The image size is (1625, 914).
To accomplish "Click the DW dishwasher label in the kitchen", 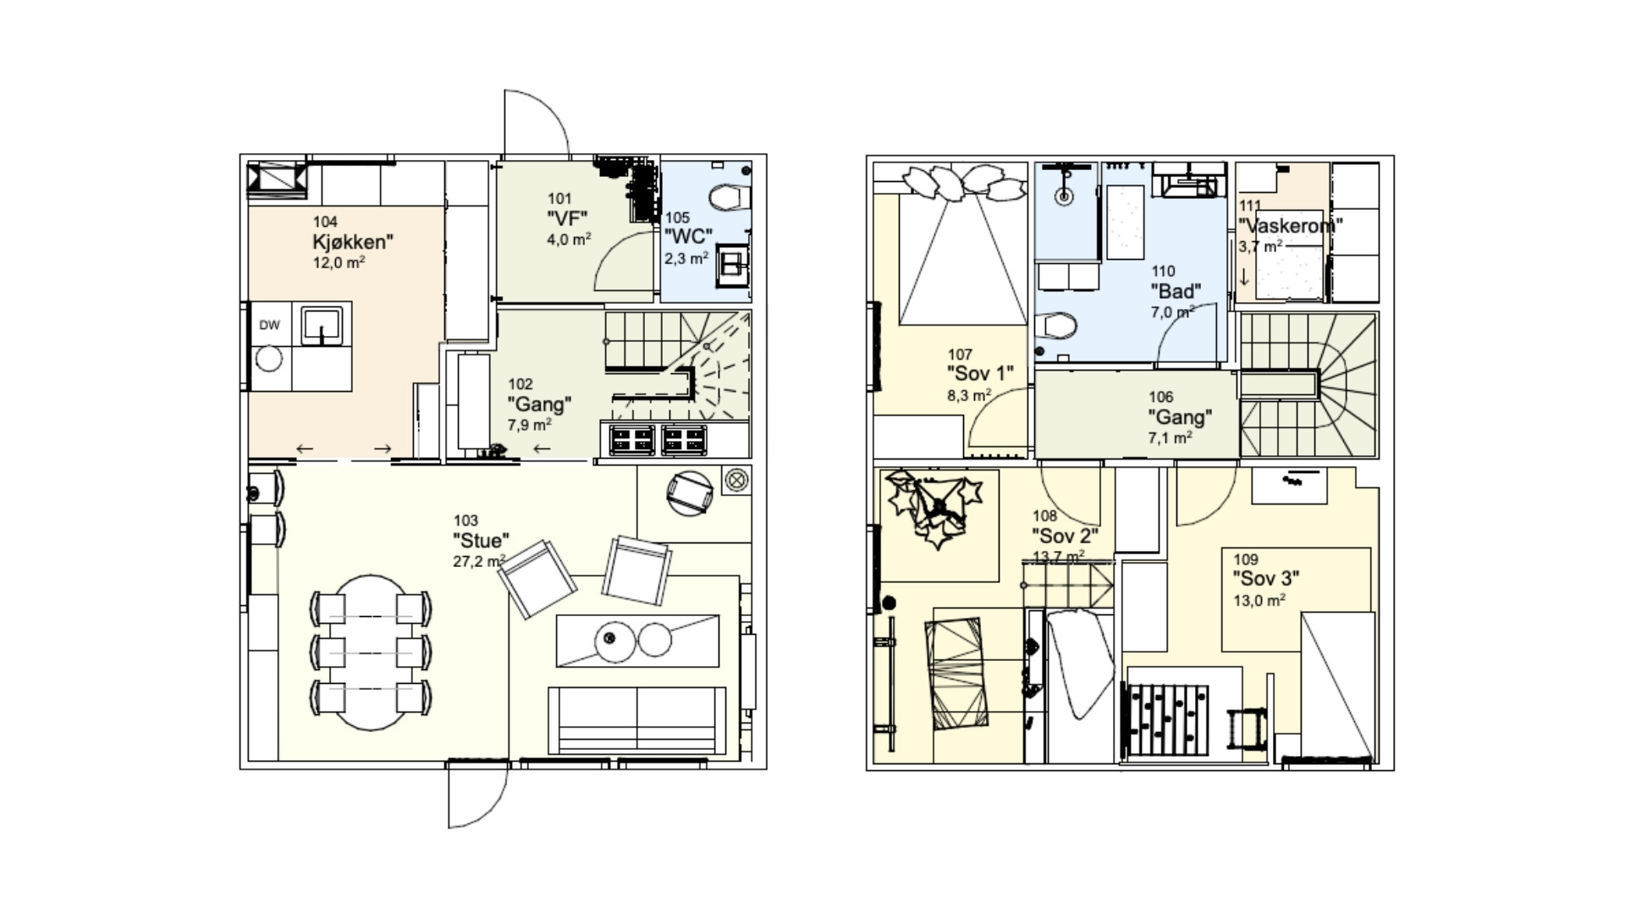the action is click(269, 325).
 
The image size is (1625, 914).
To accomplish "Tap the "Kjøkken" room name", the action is click(353, 242).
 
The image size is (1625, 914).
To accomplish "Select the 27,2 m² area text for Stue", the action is click(479, 560).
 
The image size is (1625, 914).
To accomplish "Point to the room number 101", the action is click(559, 199).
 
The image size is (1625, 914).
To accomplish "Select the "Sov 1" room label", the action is click(979, 373).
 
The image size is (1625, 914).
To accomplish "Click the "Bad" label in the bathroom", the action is click(1175, 292).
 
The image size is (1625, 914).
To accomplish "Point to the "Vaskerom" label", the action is click(1290, 226).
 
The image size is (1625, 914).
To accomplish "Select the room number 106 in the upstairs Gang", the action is click(1161, 397).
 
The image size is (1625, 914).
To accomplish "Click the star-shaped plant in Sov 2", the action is click(934, 509).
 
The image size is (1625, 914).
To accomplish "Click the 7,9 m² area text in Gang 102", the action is click(530, 424).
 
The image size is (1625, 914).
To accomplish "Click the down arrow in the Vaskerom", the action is click(1244, 277).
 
